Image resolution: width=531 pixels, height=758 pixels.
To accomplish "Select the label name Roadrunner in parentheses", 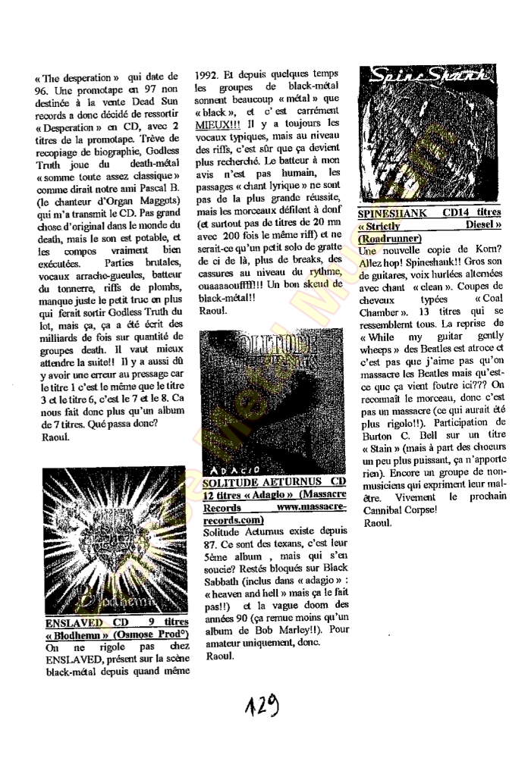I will (391, 238).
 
